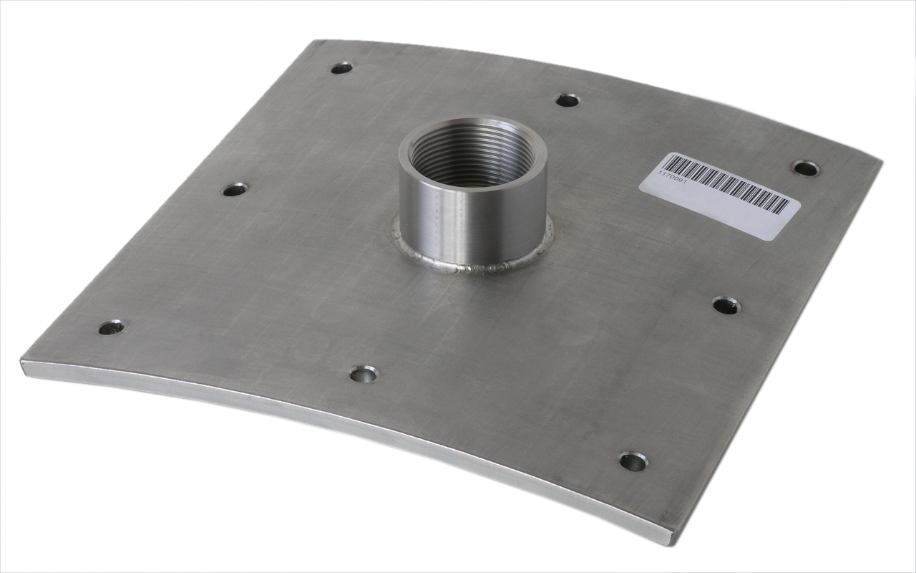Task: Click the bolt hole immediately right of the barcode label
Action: (806, 168)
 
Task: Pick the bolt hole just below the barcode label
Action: (726, 306)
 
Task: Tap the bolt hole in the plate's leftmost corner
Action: (111, 327)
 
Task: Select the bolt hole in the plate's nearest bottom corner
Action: (633, 461)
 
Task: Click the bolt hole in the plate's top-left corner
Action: (341, 68)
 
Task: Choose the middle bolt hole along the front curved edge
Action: (364, 374)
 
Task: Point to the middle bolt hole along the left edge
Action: (234, 190)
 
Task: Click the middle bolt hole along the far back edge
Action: (567, 100)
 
